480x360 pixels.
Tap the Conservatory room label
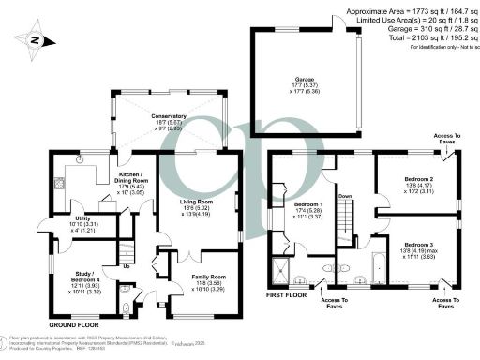coord(170,118)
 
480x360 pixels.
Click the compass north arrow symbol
coord(33,40)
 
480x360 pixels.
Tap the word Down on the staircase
coord(345,197)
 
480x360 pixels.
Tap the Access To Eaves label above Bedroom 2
coord(446,139)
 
